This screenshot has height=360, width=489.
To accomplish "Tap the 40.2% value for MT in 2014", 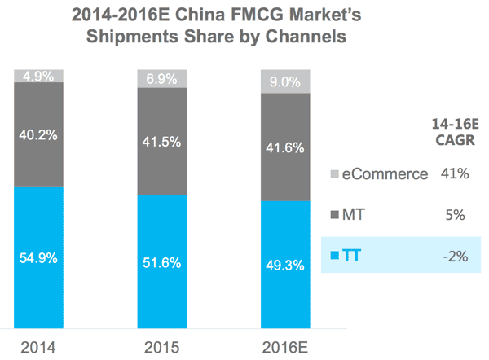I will [x=37, y=134].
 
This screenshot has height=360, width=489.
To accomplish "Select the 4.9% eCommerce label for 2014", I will [x=37, y=76].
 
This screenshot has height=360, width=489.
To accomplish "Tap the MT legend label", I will [x=352, y=215].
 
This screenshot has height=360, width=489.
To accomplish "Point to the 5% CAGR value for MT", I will [x=454, y=215].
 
